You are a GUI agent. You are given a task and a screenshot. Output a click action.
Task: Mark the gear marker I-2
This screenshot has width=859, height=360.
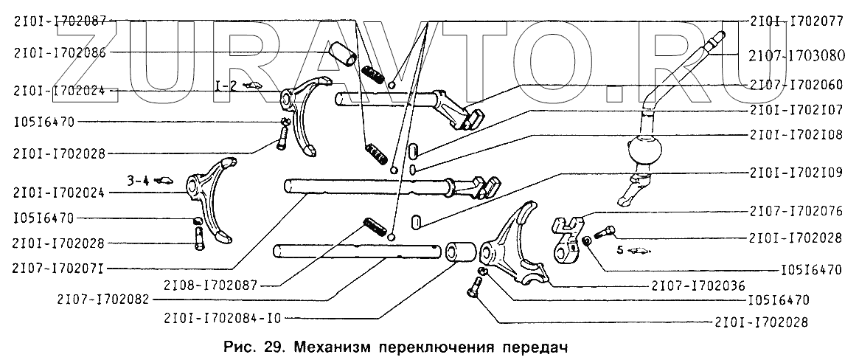226,85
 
